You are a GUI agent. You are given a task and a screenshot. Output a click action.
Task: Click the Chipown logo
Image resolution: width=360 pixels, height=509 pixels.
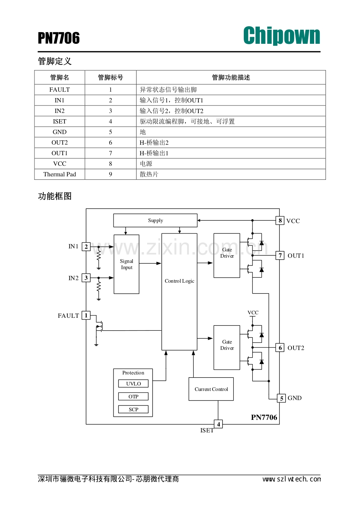click(281, 36)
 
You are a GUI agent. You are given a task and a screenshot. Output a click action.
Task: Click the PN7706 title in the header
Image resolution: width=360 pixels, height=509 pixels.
click(59, 38)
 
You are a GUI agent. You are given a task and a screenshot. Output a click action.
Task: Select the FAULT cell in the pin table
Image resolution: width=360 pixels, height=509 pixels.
click(59, 90)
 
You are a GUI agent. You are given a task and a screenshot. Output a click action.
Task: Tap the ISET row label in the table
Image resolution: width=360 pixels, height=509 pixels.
click(59, 121)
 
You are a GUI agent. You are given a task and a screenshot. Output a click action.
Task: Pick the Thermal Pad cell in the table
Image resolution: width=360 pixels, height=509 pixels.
click(59, 174)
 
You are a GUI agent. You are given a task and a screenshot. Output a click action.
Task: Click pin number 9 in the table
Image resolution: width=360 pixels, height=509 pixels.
click(110, 174)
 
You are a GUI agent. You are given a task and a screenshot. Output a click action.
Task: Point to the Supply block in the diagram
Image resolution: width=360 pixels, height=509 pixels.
click(155, 220)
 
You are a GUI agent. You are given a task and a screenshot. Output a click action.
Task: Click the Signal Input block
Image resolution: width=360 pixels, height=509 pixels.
click(126, 264)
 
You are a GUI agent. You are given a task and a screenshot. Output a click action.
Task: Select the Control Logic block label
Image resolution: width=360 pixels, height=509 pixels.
click(180, 281)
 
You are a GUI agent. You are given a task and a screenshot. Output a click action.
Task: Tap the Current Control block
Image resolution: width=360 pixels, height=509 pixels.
click(211, 389)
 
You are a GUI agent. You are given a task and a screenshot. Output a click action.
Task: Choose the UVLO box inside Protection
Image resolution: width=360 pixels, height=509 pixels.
click(133, 384)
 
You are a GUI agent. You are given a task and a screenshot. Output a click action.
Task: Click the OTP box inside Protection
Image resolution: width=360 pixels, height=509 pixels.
click(133, 396)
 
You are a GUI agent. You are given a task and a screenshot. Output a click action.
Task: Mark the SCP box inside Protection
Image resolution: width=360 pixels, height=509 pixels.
click(133, 409)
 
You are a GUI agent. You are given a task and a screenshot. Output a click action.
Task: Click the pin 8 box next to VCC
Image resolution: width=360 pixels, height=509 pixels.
click(280, 220)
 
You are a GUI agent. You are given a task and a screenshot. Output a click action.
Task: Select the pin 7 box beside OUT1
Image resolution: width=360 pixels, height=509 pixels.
click(280, 255)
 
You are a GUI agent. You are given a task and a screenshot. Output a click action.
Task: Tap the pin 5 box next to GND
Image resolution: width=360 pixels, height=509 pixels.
click(281, 398)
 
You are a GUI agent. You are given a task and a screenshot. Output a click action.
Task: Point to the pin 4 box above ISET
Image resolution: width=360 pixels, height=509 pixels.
click(218, 424)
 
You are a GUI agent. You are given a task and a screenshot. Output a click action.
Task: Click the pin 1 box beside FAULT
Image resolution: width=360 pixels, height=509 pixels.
click(86, 315)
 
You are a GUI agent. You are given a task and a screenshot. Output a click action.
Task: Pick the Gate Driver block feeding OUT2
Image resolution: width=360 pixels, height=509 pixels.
click(227, 348)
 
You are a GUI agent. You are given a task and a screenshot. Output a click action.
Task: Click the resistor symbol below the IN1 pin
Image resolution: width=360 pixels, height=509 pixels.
click(99, 256)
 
